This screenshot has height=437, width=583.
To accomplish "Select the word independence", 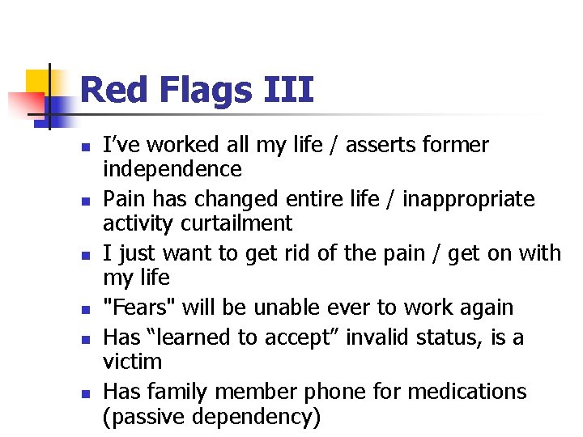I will pyautogui.click(x=172, y=169).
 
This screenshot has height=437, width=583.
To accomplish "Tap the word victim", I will pyautogui.click(x=133, y=362).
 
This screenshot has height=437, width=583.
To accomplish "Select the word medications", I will pyautogui.click(x=467, y=392).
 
